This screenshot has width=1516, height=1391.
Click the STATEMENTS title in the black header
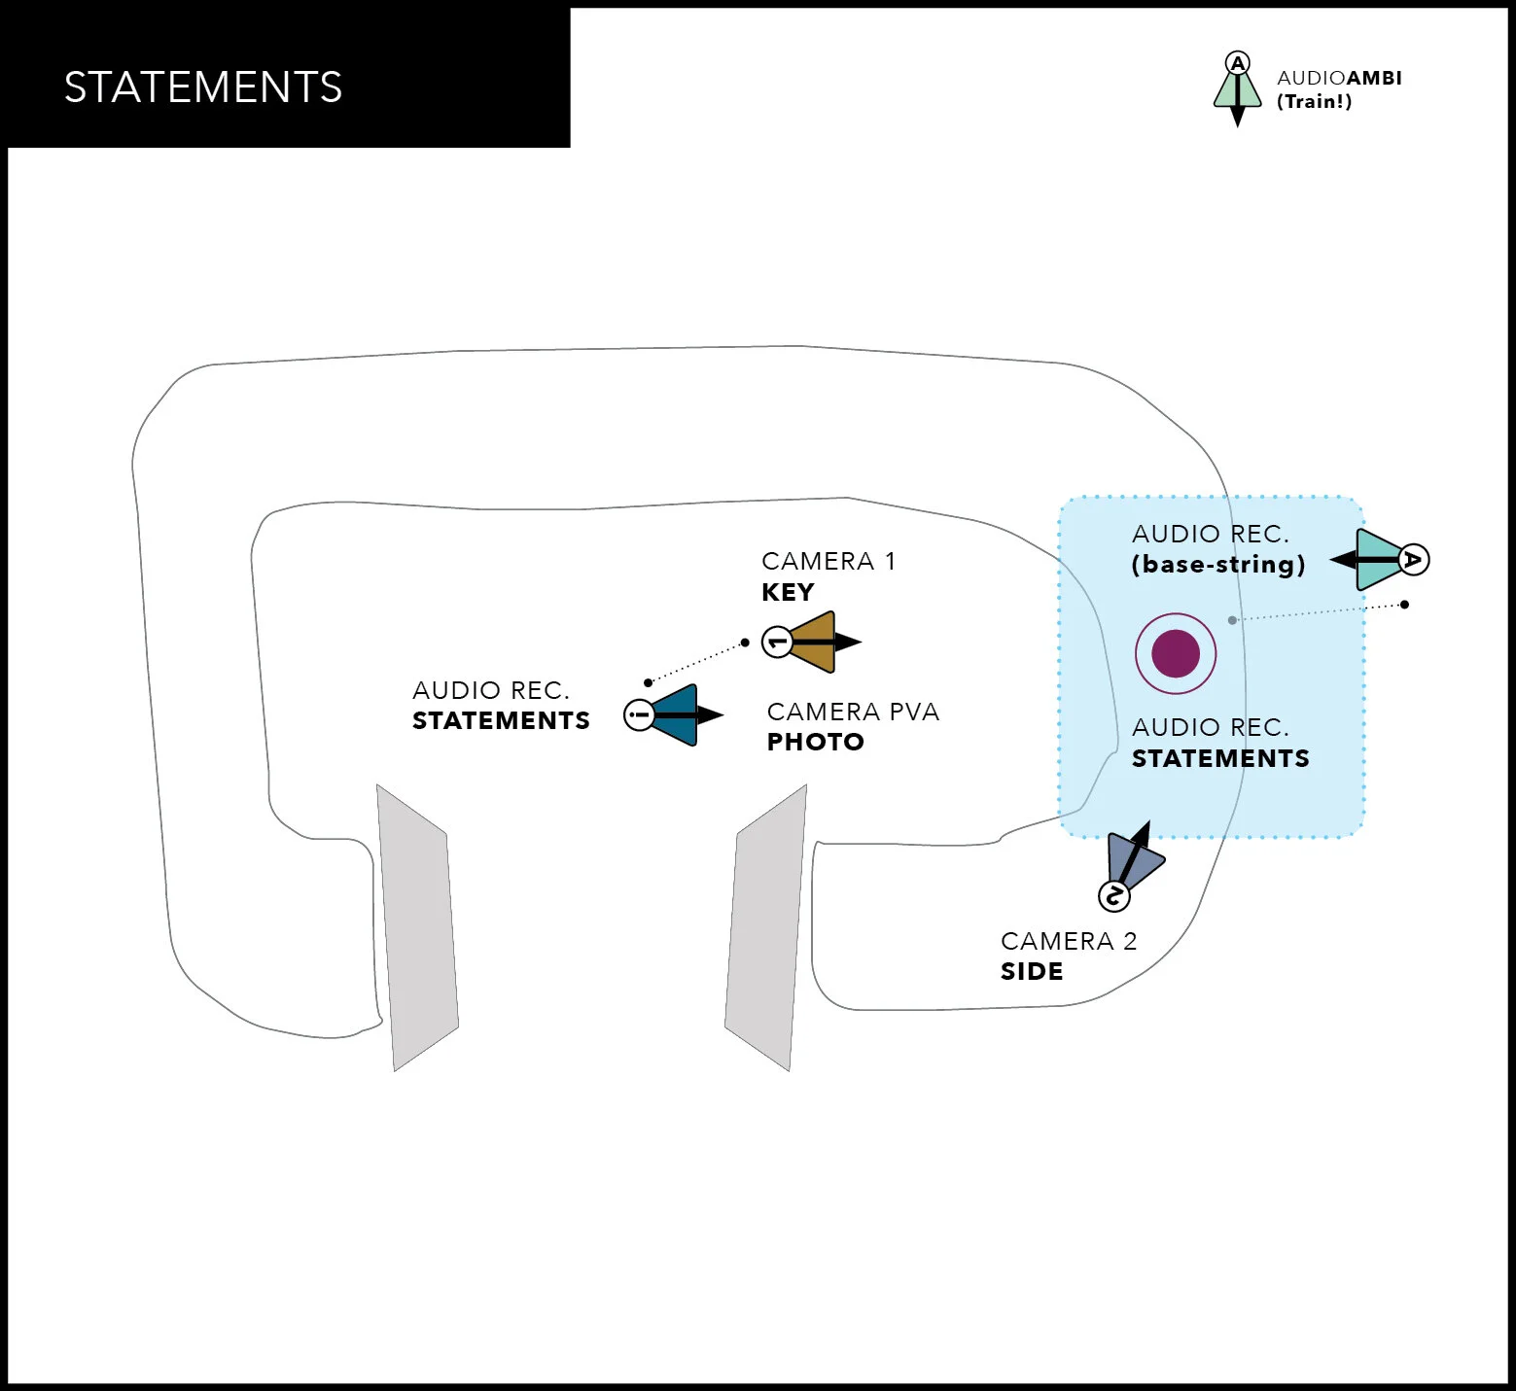[x=203, y=87]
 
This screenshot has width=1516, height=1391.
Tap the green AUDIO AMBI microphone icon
[x=1237, y=92]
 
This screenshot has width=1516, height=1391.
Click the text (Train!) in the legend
[x=1314, y=102]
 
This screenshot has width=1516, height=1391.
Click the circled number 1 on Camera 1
[x=777, y=642]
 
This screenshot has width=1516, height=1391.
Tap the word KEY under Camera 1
[x=788, y=592]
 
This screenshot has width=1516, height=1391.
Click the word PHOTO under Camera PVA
[x=815, y=742]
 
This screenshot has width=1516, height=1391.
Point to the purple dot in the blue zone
[x=1176, y=653]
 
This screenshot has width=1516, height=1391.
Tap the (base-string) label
[x=1218, y=565]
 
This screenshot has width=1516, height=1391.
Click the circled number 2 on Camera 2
[x=1114, y=895]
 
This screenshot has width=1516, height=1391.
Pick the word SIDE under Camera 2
[x=1032, y=971]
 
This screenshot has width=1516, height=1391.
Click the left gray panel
[x=417, y=928]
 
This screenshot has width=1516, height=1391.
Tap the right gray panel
[x=766, y=928]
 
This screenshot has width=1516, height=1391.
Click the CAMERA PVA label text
[x=853, y=712]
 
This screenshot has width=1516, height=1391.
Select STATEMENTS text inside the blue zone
[x=1220, y=758]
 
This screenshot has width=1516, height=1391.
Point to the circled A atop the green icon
[x=1237, y=64]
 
